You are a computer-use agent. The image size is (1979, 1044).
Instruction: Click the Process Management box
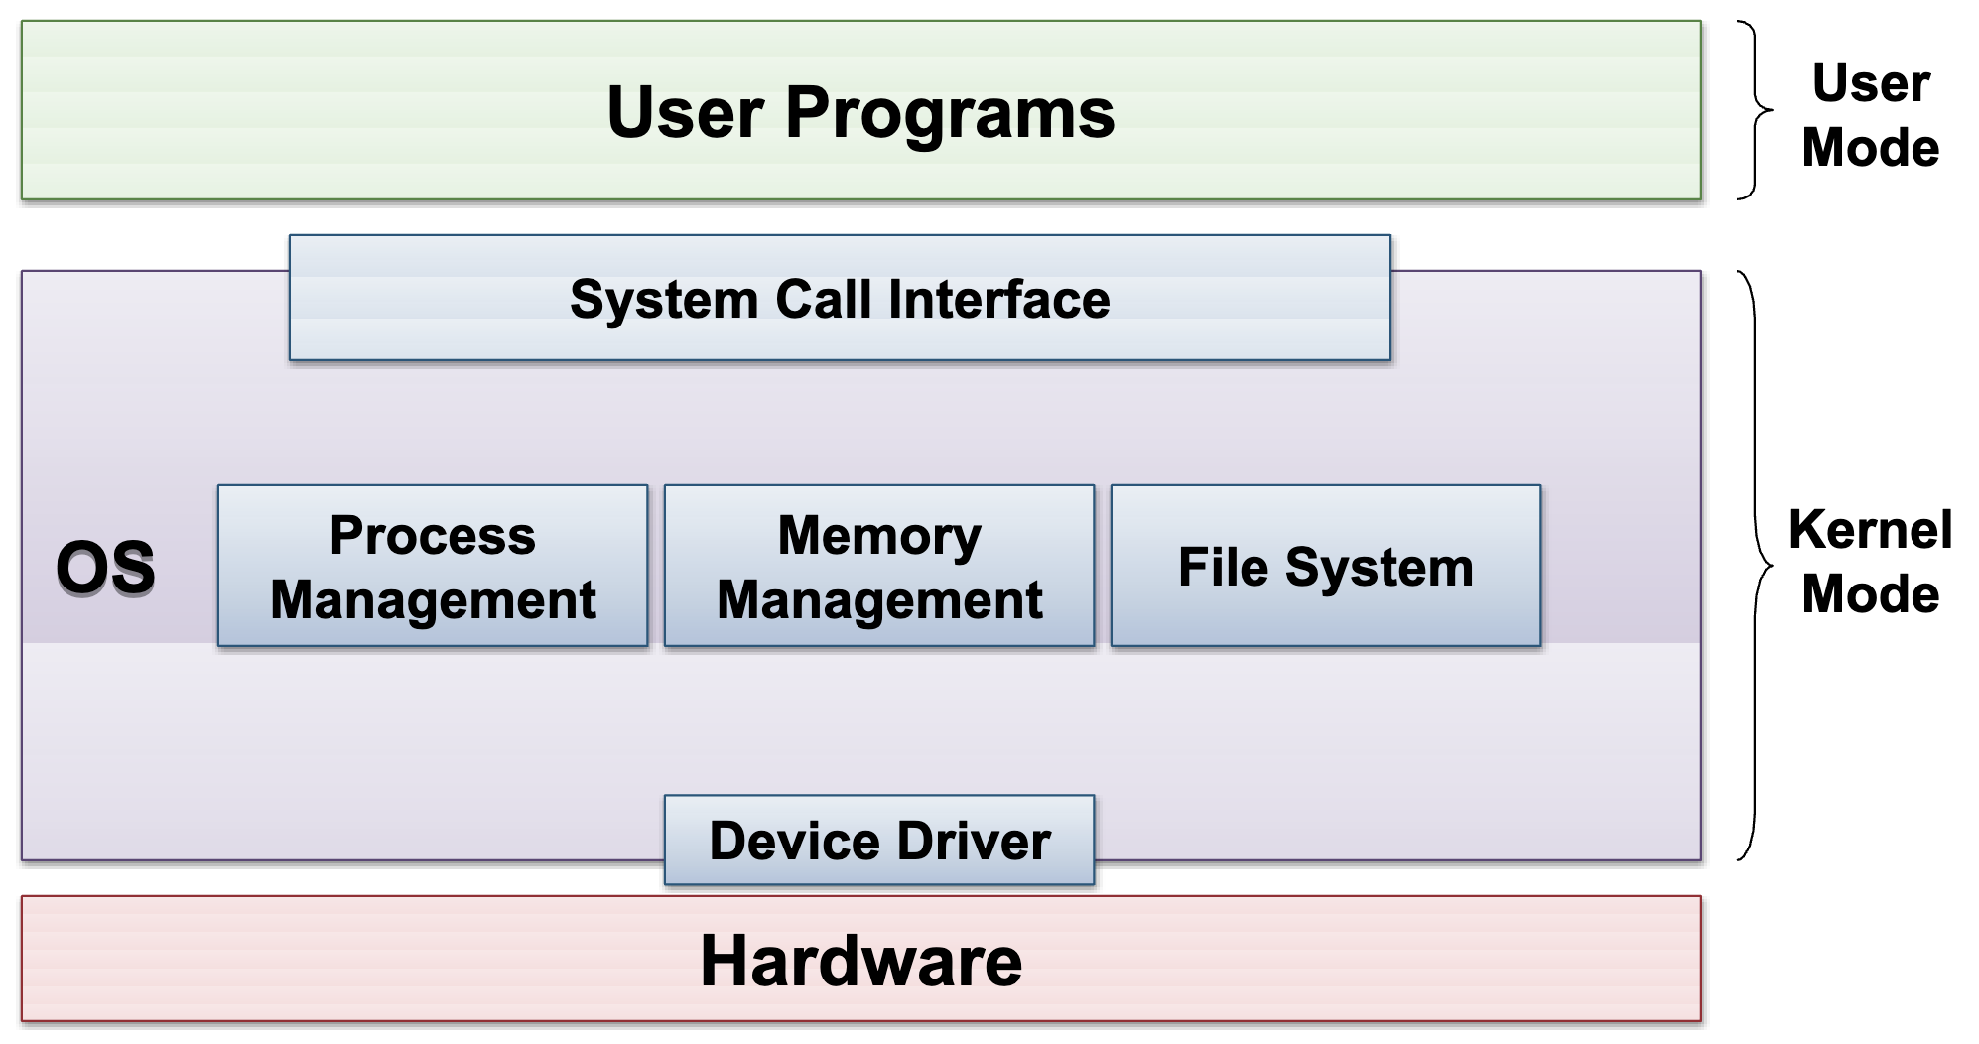[x=433, y=566]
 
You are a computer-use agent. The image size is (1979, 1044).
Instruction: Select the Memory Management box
[x=879, y=566]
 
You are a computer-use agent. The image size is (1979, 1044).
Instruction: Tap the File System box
[x=1326, y=566]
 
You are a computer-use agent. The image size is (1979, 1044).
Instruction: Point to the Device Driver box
[x=879, y=840]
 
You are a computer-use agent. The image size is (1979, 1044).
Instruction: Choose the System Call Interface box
[x=840, y=298]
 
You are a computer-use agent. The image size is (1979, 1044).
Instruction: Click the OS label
[x=105, y=568]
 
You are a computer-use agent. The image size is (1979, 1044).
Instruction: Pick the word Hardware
[x=860, y=961]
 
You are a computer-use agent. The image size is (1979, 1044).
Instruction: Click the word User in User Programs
[x=686, y=112]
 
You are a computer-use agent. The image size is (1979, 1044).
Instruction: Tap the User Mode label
[x=1871, y=115]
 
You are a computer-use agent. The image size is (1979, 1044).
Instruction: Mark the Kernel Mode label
[x=1871, y=562]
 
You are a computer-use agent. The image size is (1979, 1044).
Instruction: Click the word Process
[x=433, y=536]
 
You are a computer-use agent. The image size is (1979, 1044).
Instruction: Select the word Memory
[x=879, y=538]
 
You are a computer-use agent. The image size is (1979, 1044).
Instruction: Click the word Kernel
[x=1871, y=530]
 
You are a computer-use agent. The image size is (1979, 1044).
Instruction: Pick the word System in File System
[x=1380, y=570]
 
